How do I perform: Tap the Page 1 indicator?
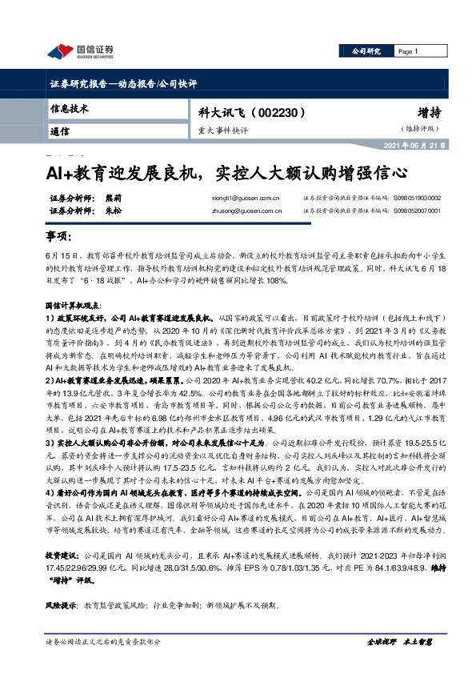point(409,51)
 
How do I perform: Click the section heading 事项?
point(58,238)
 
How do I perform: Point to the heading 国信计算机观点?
point(73,307)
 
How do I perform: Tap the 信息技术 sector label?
point(70,107)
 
